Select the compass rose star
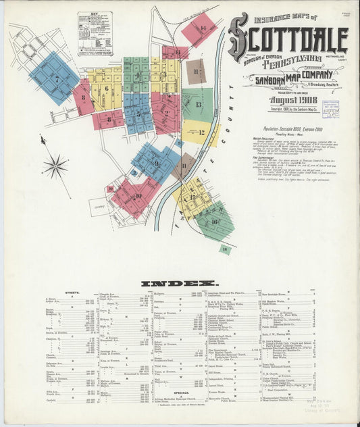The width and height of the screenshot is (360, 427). (55, 166)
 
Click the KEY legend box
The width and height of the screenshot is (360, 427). (95, 32)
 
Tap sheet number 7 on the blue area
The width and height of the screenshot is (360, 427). (57, 79)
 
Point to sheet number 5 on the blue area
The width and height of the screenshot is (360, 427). (138, 114)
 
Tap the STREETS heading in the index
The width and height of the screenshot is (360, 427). (72, 293)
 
